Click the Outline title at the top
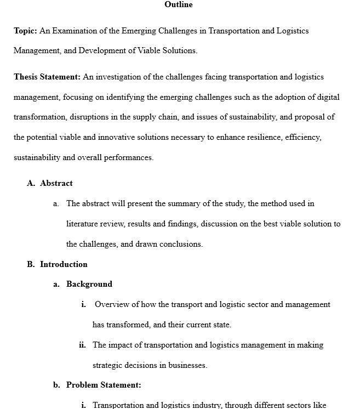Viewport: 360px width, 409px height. (x=179, y=5)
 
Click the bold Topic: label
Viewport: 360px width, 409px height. (x=25, y=31)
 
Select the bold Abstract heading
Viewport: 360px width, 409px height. (x=56, y=183)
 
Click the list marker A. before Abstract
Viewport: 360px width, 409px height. (x=31, y=183)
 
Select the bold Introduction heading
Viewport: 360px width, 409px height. (x=64, y=264)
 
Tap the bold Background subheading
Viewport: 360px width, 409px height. (x=89, y=284)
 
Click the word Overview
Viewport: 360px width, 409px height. (x=112, y=304)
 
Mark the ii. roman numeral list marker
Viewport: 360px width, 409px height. (x=83, y=345)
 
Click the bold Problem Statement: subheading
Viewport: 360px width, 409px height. (x=104, y=385)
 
